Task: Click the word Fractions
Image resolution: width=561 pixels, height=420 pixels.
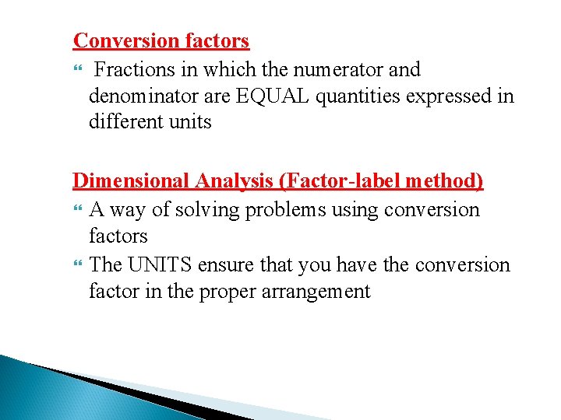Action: click(x=136, y=70)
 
